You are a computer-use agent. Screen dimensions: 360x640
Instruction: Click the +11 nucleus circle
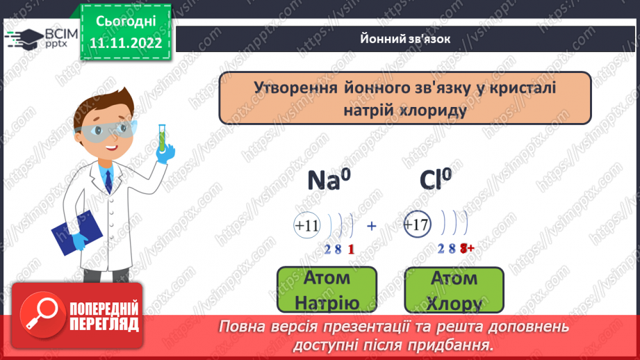pyautogui.click(x=306, y=226)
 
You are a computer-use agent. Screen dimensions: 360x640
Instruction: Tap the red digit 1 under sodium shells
pyautogui.click(x=351, y=249)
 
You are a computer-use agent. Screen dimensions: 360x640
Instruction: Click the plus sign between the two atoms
pyautogui.click(x=371, y=225)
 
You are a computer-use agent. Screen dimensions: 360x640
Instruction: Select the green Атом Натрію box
pyautogui.click(x=327, y=291)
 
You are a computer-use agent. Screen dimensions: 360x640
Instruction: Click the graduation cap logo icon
pyautogui.click(x=23, y=38)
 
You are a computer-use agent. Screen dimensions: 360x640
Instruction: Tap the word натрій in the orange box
pyautogui.click(x=368, y=110)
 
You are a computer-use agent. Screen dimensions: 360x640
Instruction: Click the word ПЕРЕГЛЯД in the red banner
pyautogui.click(x=104, y=323)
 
